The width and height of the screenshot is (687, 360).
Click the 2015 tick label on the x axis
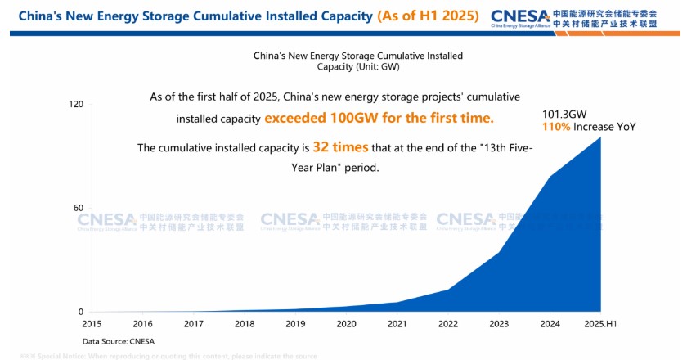tap(92, 324)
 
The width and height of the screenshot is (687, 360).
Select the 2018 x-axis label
tap(244, 324)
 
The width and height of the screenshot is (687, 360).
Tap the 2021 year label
tap(397, 324)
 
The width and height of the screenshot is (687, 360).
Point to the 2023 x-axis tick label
tap(499, 324)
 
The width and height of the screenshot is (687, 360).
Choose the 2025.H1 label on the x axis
tap(601, 324)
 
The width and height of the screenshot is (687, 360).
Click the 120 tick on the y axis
tap(76, 105)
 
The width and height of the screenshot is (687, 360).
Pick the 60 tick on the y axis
tap(79, 208)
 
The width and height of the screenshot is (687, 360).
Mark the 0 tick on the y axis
tap(81, 312)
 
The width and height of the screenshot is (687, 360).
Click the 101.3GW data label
tap(564, 115)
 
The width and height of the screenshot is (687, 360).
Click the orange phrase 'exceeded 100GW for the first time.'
tap(379, 118)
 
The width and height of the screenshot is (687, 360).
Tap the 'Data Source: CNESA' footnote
tap(119, 341)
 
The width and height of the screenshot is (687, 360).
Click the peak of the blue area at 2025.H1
tap(601, 138)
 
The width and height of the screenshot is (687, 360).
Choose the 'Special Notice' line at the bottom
tap(168, 356)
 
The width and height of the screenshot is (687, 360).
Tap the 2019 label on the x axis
tap(295, 324)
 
